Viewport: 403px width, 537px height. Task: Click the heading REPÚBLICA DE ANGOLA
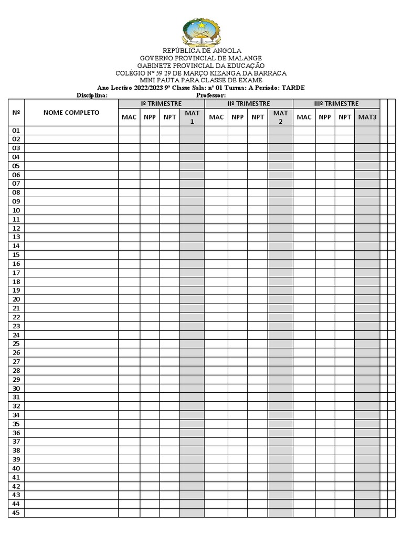[x=201, y=51]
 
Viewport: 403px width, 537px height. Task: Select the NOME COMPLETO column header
[x=71, y=113]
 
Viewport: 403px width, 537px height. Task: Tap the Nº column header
[x=16, y=113]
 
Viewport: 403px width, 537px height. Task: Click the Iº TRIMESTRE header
[x=161, y=104]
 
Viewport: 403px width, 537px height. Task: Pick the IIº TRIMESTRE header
[x=249, y=104]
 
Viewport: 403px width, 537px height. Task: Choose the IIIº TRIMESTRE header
[x=336, y=104]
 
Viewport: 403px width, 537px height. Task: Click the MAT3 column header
[x=367, y=117]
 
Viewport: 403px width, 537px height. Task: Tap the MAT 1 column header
[x=192, y=117]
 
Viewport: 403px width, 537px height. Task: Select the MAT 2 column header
[x=280, y=117]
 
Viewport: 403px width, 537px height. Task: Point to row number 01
[x=16, y=131]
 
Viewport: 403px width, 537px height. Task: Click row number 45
[x=16, y=513]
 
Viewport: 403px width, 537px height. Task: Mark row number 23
[x=16, y=326]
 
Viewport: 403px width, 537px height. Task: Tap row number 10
[x=16, y=211]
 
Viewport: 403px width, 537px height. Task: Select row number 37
[x=16, y=442]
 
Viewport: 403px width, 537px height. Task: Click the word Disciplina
[x=92, y=95]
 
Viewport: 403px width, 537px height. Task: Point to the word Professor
[x=210, y=95]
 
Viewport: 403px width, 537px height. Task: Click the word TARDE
[x=292, y=88]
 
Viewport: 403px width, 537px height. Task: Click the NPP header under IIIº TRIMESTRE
[x=325, y=117]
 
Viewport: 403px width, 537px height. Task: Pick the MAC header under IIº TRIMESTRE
[x=216, y=117]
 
